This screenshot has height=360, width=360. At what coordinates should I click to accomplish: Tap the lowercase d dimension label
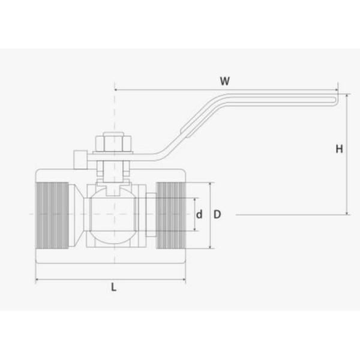coord(200,214)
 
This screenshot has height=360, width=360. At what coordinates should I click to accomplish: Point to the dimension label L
coord(113,287)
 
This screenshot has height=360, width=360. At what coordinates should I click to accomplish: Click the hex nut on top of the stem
coord(113,144)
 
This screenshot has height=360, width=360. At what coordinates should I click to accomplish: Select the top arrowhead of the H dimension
coord(347,95)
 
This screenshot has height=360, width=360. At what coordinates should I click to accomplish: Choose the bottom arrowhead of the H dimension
coord(347,212)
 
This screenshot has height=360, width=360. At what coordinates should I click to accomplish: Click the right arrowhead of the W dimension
coord(335,90)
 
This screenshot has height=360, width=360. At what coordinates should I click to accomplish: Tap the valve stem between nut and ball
coord(113,174)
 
